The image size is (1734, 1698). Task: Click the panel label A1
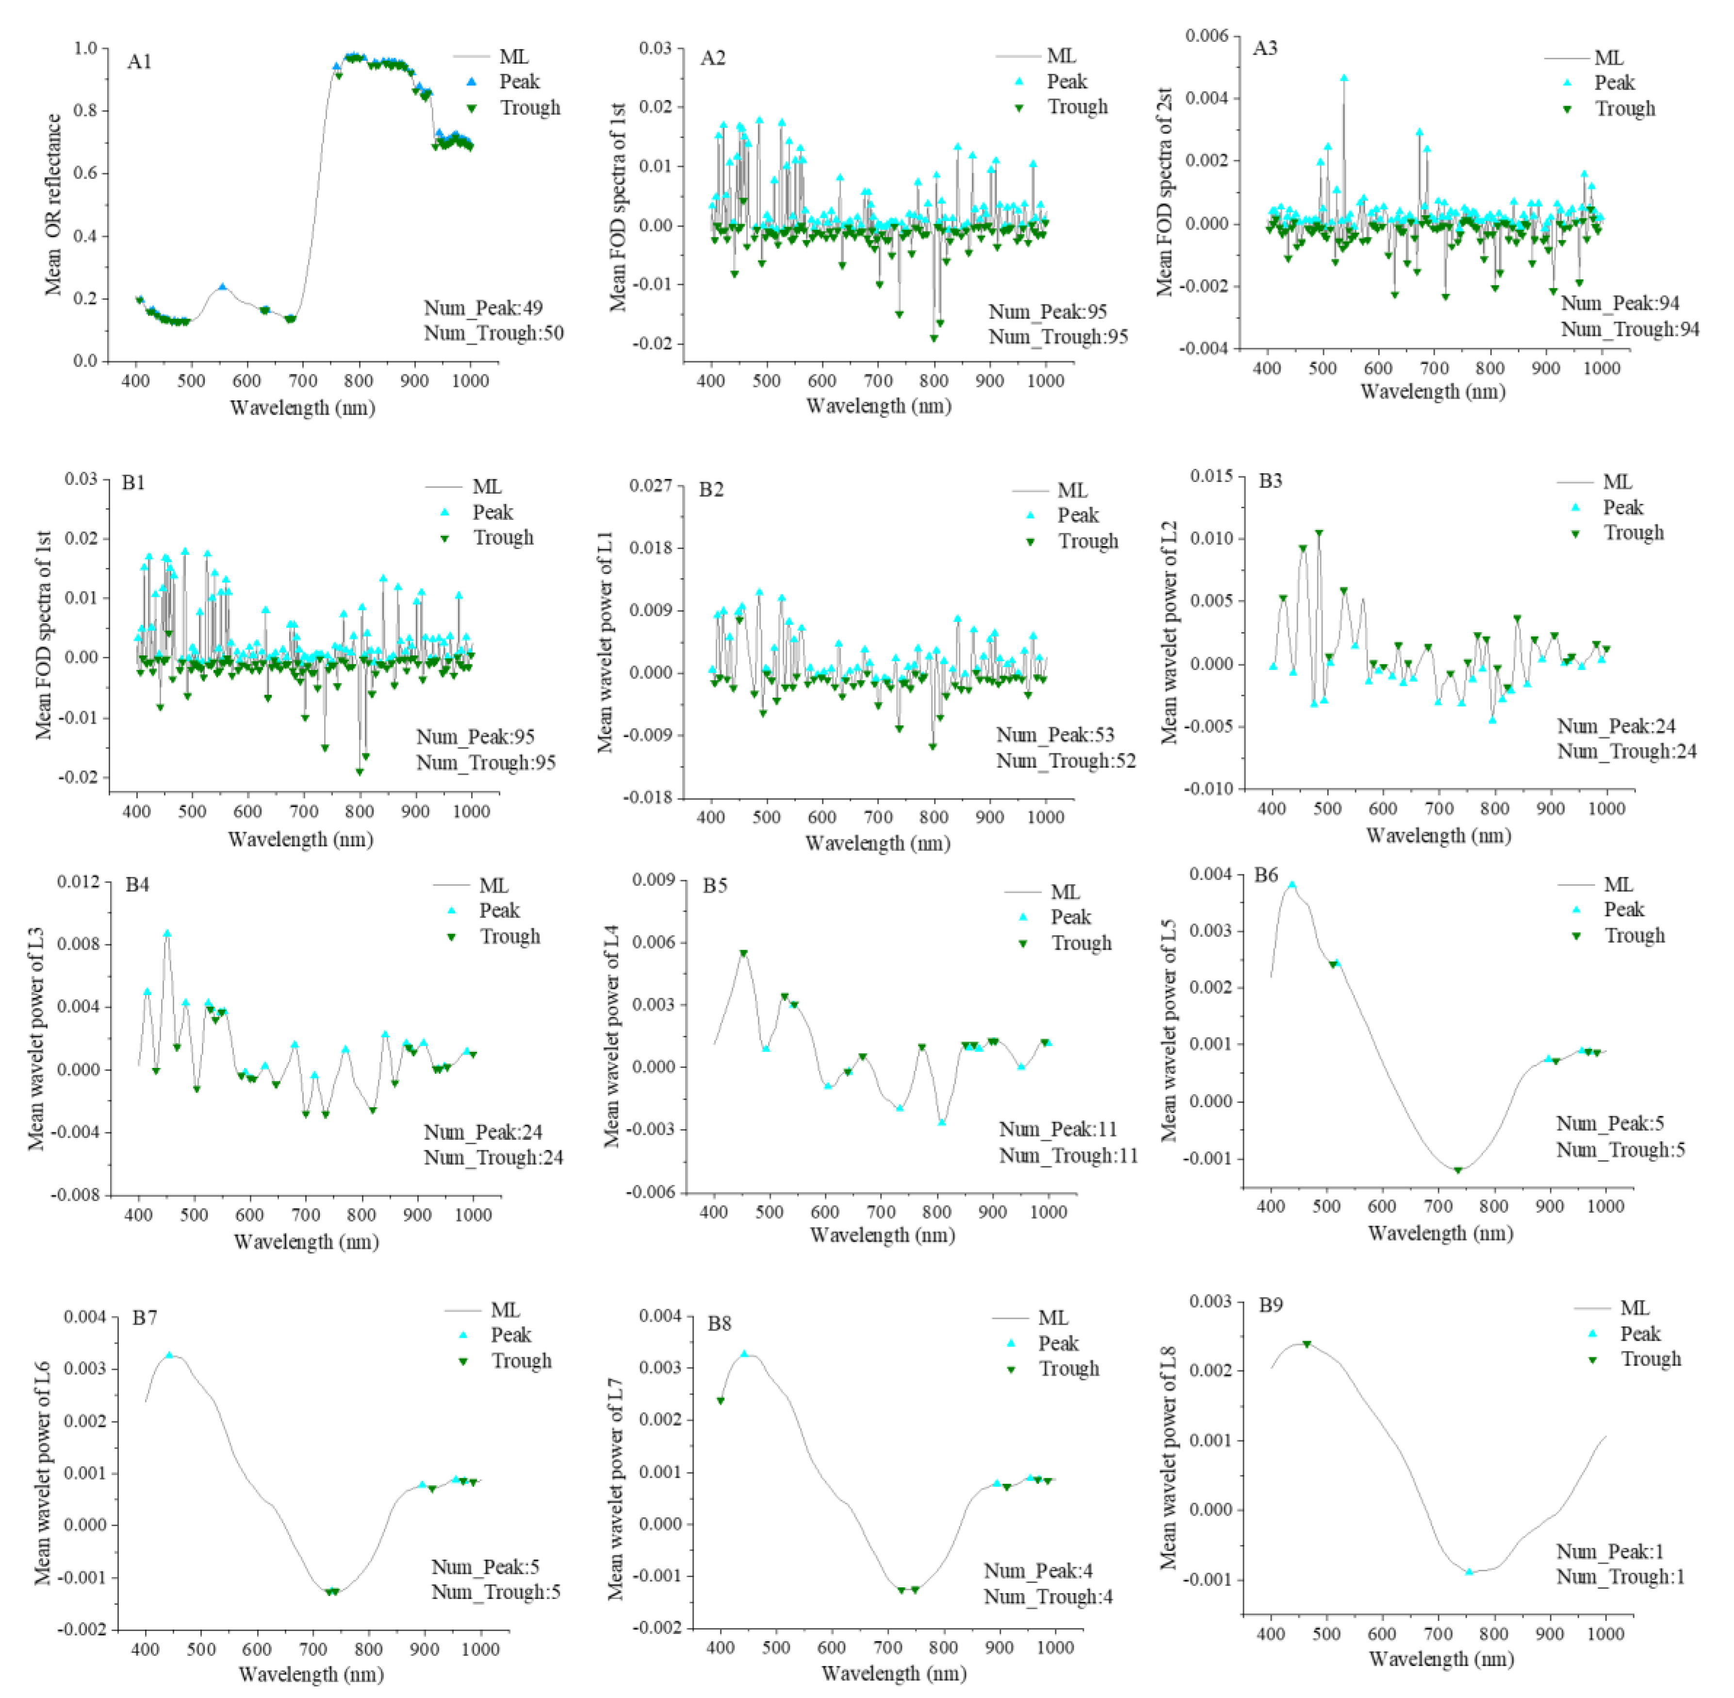pos(139,62)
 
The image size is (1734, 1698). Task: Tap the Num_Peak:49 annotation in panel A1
pos(482,308)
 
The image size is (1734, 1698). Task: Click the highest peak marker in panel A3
pos(1343,79)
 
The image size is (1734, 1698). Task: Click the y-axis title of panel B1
pos(43,635)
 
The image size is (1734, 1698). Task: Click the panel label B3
pos(1270,481)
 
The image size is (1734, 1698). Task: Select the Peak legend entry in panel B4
pos(498,911)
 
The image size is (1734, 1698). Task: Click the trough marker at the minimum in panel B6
pos(1457,1170)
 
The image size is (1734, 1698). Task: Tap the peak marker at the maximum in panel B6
pos(1291,884)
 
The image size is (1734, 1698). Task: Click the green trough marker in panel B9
pos(1307,1344)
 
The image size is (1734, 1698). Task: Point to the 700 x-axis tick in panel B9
pos(1438,1634)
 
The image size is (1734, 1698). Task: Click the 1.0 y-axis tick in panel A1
pos(85,48)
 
